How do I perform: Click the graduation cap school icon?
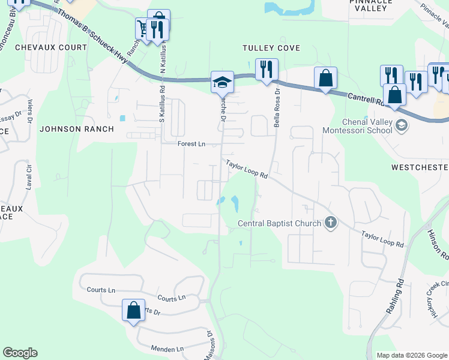(221, 82)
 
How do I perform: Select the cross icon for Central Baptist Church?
(330, 223)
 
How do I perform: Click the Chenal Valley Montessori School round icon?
(401, 125)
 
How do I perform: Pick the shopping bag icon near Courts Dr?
(133, 311)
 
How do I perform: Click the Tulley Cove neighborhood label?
(271, 48)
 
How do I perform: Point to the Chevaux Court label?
(51, 47)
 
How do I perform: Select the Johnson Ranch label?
(76, 128)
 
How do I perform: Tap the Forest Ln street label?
(191, 144)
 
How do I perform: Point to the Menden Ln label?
(167, 349)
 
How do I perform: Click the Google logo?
(20, 353)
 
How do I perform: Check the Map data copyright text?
(411, 355)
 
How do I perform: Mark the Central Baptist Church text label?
(279, 224)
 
